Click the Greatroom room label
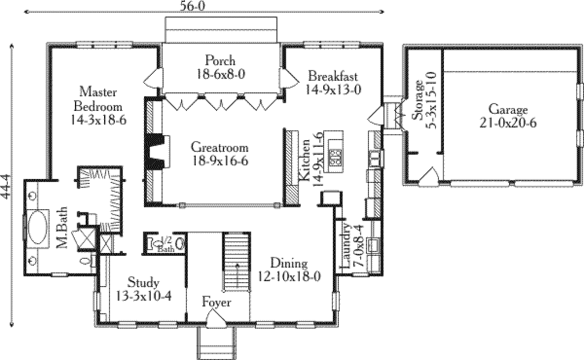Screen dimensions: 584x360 point(220,147)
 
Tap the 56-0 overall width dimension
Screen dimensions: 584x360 point(192,6)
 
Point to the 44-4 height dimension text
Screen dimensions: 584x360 point(6,187)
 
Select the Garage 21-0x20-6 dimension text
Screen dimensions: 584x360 point(508,123)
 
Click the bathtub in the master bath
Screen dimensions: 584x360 point(38,228)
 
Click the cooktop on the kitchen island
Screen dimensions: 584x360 point(336,157)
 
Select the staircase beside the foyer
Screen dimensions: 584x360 point(237,261)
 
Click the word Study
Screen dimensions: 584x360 point(143,282)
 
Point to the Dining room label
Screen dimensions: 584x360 point(289,263)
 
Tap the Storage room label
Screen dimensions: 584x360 point(417,100)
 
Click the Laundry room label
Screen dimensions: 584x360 point(346,245)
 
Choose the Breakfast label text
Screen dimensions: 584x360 point(333,76)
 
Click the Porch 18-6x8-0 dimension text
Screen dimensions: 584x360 point(221,74)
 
